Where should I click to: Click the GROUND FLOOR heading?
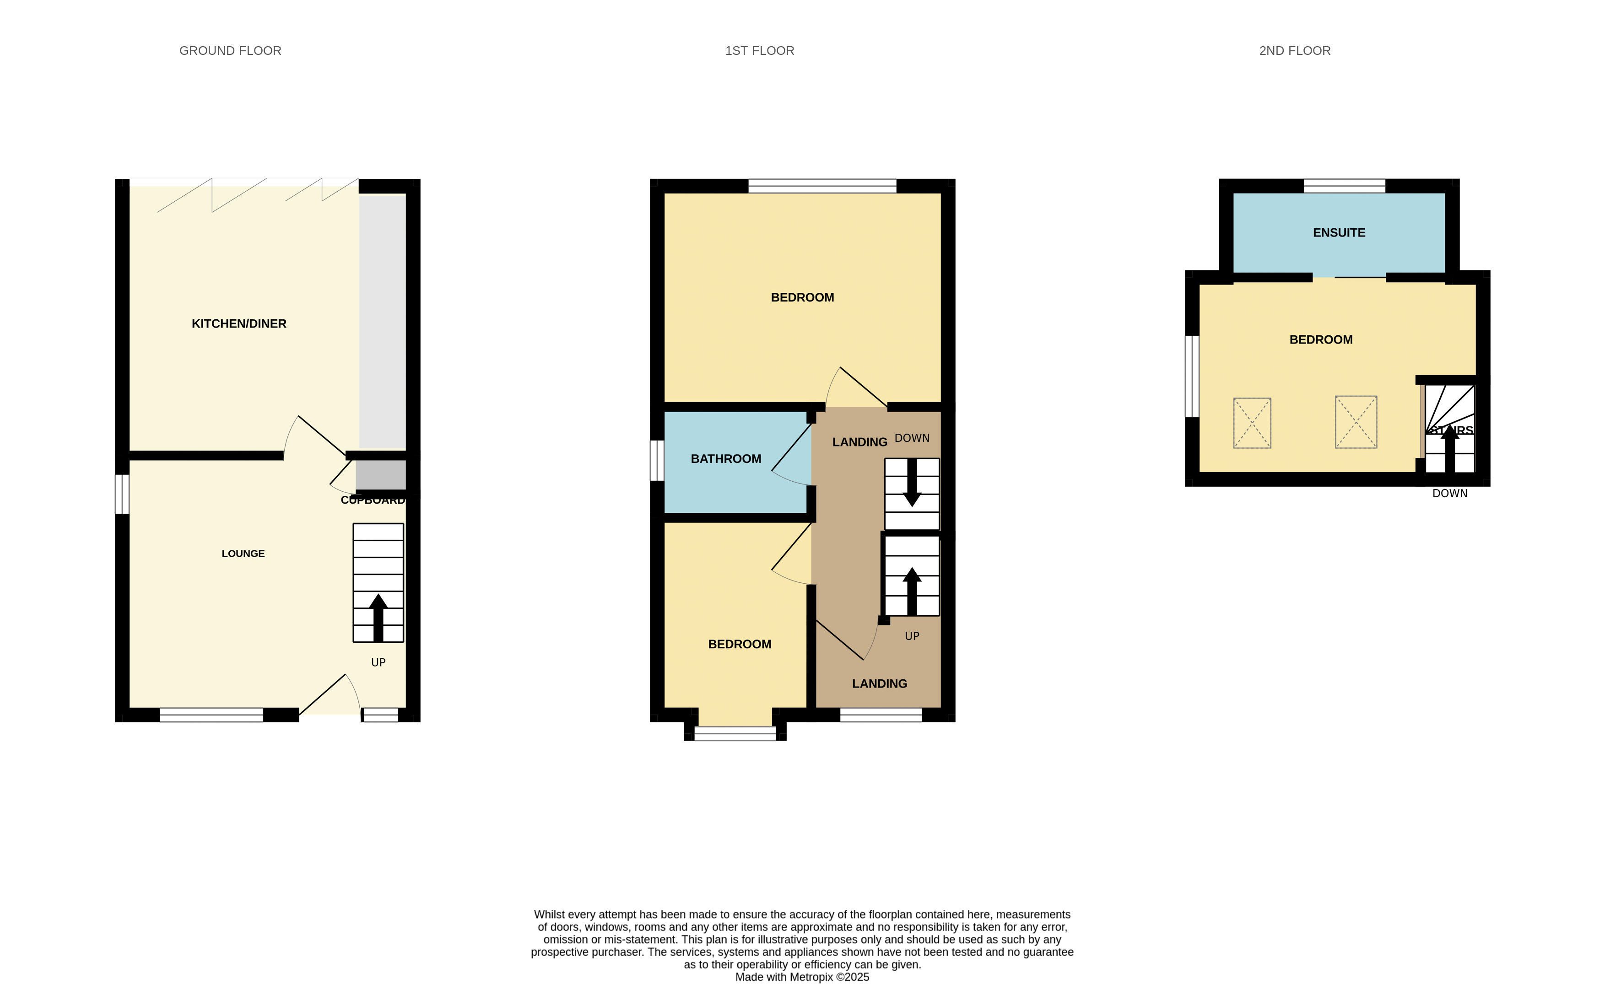[230, 51]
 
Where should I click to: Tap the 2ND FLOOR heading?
[1294, 51]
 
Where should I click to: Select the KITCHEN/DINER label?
[239, 324]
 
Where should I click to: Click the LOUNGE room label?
[243, 554]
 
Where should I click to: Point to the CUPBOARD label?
[373, 500]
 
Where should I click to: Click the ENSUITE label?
[1339, 232]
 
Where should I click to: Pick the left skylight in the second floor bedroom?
[1251, 423]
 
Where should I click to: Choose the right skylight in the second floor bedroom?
[1356, 422]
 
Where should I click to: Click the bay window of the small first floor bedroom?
[735, 734]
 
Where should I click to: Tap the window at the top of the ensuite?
[1344, 186]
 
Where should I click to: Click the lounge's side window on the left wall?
[122, 494]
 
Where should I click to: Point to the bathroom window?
[657, 460]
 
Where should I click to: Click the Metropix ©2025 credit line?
[802, 977]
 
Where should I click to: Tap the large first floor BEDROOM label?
[802, 298]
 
